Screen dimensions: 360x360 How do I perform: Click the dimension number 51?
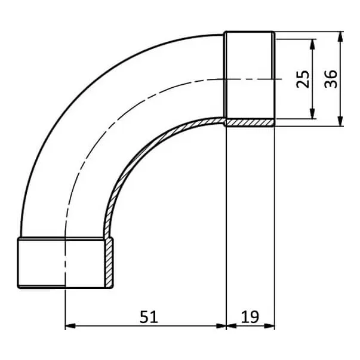pos(149,317)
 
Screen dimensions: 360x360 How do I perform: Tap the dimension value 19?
pos(250,317)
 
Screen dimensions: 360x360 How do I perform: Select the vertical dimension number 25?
pos(303,79)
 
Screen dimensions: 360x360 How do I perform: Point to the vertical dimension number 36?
pos(331,79)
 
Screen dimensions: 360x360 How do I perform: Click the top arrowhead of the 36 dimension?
pos(341,37)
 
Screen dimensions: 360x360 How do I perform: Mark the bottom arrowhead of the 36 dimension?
pos(341,121)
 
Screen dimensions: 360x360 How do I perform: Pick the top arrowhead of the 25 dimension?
pos(312,44)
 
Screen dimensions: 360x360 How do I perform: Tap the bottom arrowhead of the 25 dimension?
pos(312,114)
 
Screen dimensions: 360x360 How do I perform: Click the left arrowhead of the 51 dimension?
pos(70,326)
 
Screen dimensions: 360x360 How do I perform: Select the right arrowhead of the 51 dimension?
pos(221,326)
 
